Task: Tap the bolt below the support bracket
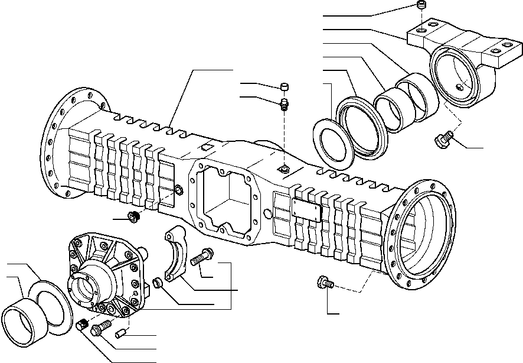tap(442, 140)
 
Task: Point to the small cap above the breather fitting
tap(285, 87)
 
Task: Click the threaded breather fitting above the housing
tap(285, 105)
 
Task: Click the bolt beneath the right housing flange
tap(325, 283)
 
